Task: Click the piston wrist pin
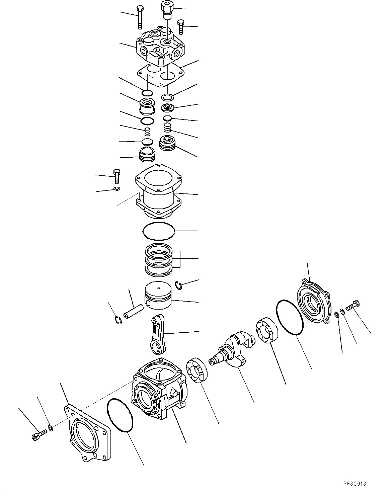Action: tap(133, 311)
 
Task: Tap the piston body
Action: tap(158, 296)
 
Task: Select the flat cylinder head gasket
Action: tap(160, 75)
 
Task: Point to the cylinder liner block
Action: tap(159, 191)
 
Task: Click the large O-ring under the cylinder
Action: tap(159, 231)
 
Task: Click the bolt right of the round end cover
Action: tap(353, 305)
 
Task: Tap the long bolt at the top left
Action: tap(140, 18)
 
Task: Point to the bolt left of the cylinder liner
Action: tap(117, 176)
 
